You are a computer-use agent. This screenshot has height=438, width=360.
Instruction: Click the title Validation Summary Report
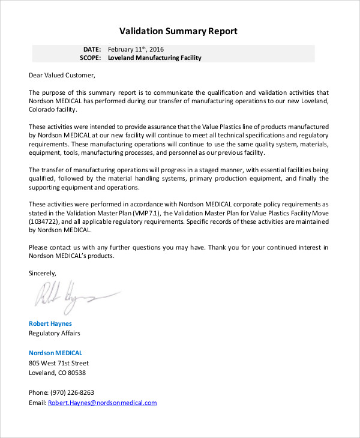click(178, 31)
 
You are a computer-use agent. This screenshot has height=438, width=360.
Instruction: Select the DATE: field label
click(92, 49)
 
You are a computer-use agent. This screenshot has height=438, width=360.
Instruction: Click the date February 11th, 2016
click(136, 49)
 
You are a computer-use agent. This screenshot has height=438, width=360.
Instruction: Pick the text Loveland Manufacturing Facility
click(155, 58)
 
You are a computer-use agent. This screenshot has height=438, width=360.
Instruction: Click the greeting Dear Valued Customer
click(62, 76)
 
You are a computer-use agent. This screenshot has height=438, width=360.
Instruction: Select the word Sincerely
click(43, 273)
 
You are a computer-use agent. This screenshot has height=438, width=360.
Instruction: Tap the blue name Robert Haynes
click(50, 324)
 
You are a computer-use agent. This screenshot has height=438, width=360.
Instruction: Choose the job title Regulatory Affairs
click(55, 334)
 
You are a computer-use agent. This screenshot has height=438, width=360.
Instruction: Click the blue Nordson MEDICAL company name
click(56, 353)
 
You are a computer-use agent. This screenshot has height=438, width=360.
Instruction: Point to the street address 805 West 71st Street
click(59, 363)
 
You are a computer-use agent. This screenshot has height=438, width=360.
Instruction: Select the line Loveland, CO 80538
click(57, 373)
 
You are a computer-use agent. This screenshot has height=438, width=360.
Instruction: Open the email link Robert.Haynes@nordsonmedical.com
click(103, 403)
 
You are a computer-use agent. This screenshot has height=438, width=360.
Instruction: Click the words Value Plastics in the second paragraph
click(227, 127)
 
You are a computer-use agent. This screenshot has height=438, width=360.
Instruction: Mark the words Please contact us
click(54, 247)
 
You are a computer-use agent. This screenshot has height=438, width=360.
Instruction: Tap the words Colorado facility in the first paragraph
click(53, 110)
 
